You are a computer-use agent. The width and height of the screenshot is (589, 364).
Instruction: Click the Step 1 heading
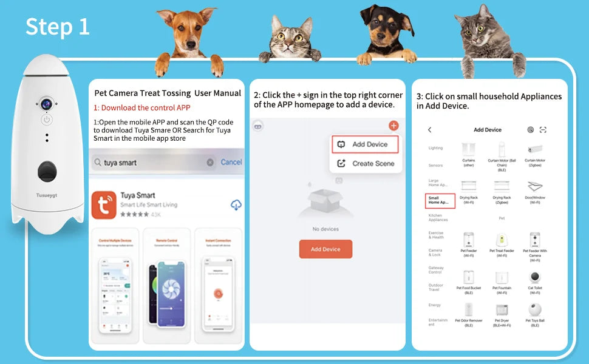(58, 26)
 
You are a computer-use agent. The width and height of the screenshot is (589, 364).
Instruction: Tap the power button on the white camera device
(47, 120)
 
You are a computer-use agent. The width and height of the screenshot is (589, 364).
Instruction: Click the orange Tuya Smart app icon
(104, 205)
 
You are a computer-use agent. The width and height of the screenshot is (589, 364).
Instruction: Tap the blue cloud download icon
(236, 205)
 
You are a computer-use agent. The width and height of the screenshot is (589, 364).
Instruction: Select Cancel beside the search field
(231, 162)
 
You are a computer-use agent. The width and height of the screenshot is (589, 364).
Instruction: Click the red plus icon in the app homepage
(394, 126)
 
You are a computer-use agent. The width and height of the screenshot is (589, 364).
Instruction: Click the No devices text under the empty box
(325, 229)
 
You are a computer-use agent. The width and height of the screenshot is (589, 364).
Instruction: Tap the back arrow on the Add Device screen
(430, 130)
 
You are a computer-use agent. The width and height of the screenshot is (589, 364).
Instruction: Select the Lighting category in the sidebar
(435, 148)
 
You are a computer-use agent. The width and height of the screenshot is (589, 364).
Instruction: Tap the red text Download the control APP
(141, 107)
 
